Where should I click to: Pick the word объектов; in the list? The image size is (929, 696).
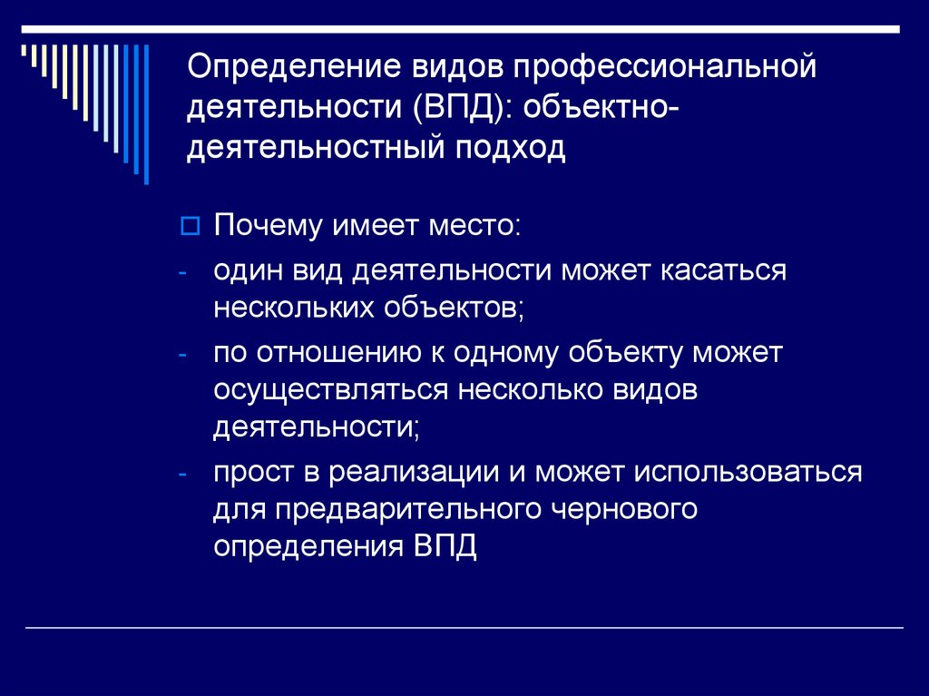(x=457, y=307)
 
